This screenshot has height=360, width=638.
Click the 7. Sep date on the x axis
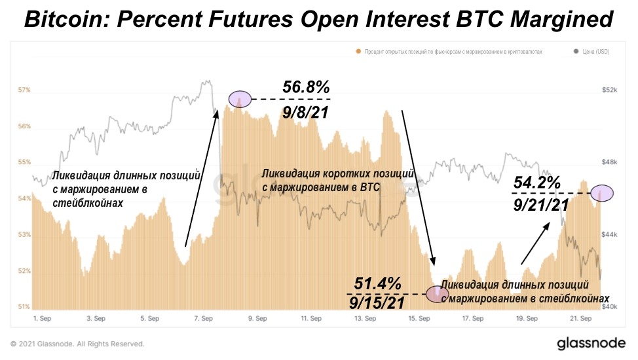point(203,319)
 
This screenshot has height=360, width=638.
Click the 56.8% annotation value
point(306,87)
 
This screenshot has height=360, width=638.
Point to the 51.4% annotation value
point(377,283)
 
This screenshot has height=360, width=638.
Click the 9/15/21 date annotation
point(376,303)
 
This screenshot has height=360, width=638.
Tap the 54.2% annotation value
point(537,183)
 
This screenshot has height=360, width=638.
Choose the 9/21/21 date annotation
point(540,206)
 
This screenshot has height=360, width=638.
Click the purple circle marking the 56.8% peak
point(239,99)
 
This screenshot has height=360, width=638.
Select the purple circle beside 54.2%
point(601,192)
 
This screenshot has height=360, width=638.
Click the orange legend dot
point(358,51)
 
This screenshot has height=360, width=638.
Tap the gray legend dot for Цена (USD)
point(576,51)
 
